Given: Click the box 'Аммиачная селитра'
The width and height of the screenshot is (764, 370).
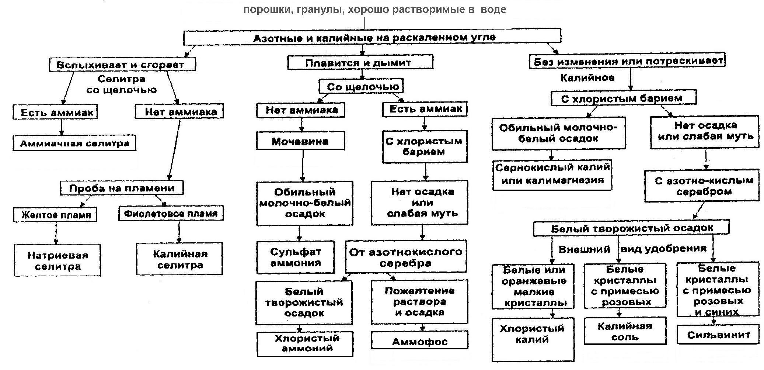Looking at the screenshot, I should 74,143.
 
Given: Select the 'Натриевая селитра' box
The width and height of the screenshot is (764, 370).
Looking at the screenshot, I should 57,260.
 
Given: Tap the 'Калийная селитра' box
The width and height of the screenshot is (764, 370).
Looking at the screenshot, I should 179,259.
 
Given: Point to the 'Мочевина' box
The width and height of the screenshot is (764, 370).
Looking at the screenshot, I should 300,141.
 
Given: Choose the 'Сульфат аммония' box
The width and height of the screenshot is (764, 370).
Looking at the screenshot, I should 296,257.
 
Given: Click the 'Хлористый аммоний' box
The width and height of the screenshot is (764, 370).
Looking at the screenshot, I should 305,343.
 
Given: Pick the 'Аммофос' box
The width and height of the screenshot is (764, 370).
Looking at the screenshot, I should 419,341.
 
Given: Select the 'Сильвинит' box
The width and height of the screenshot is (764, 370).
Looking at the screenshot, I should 718,335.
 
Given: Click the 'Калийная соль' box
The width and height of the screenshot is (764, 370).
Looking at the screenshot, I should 625,331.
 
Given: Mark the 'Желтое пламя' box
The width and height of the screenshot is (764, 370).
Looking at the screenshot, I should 55,215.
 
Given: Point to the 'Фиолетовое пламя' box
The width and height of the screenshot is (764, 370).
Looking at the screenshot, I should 171,213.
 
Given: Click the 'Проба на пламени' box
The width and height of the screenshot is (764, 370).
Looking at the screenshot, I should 122,188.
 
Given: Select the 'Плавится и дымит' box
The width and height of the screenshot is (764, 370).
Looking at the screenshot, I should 360,63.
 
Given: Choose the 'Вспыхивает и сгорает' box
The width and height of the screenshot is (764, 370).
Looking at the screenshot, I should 122,65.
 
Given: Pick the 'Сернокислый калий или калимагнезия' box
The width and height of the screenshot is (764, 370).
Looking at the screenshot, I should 552,174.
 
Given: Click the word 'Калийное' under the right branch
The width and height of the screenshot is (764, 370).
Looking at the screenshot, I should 587,77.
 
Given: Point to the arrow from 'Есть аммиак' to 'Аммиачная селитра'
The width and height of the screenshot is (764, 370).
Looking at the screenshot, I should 62,127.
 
